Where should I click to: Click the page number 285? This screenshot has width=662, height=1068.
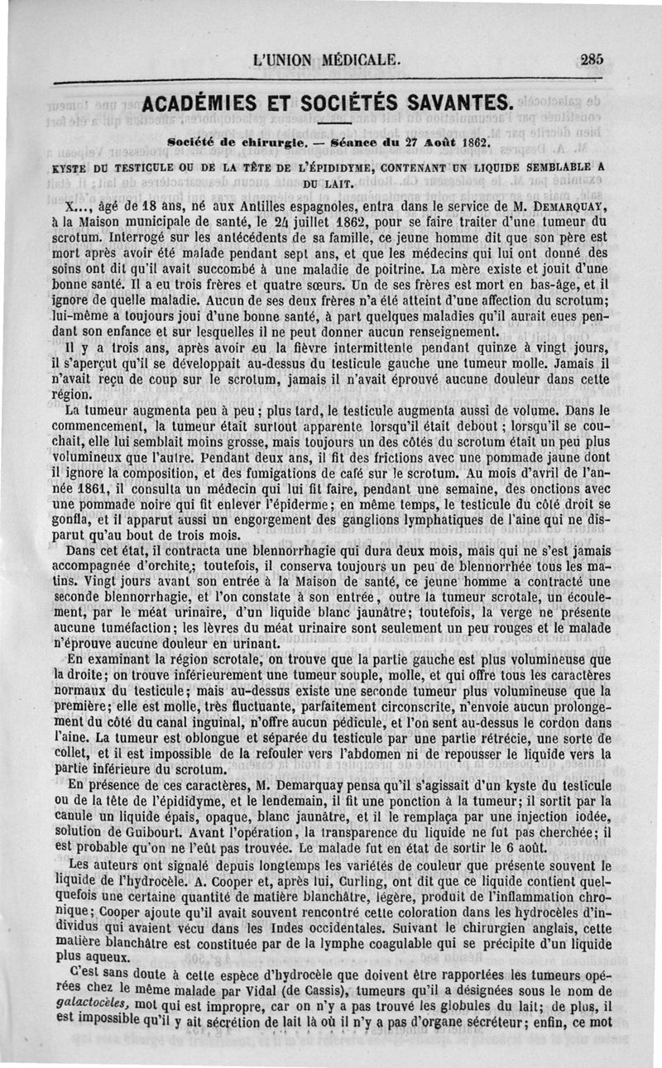point(592,59)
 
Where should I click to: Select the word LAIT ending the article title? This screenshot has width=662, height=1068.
point(342,182)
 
